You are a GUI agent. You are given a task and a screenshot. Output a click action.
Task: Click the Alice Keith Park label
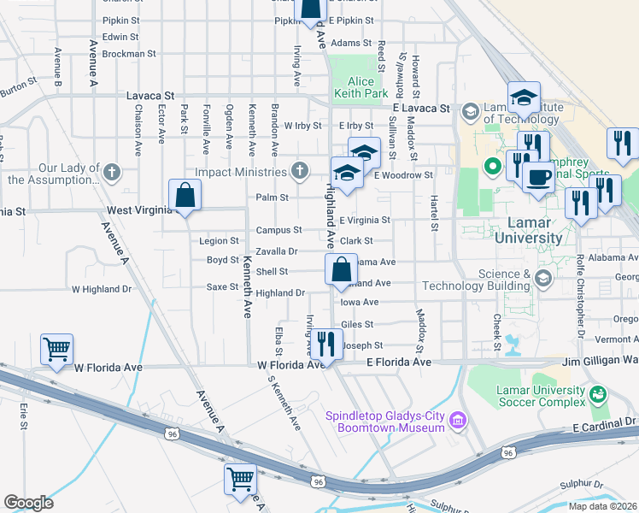362,88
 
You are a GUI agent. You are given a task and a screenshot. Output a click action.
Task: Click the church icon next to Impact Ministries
299,171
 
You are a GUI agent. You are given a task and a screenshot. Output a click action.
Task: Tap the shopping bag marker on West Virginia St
185,196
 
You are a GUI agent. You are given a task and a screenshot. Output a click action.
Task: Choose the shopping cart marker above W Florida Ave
56,349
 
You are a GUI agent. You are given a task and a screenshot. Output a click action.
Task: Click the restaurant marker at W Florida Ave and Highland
326,344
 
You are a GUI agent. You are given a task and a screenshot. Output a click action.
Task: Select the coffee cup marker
538,177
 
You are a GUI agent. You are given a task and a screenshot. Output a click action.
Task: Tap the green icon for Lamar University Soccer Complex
597,394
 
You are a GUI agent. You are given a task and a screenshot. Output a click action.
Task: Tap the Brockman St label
128,52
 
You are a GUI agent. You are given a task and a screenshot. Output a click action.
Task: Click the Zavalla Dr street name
276,251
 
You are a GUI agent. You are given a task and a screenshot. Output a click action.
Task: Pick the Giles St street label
357,324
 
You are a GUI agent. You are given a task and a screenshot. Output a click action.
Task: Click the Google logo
28,503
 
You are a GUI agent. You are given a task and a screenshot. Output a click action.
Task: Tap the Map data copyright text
603,506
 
